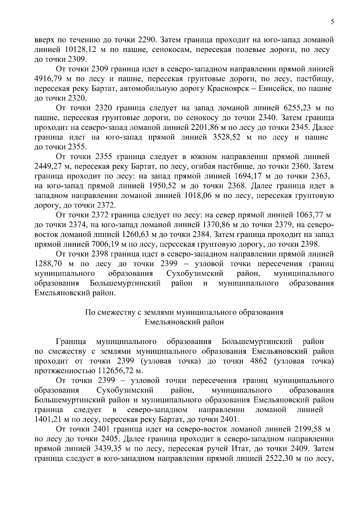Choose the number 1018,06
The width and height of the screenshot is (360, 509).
(x=196, y=196)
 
